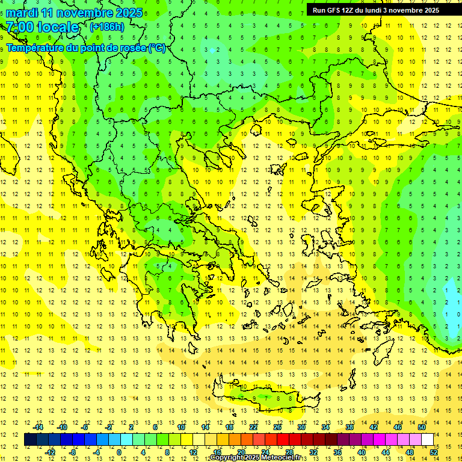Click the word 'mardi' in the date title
click(x=20, y=13)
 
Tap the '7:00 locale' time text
click(x=42, y=27)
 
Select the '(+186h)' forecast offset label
click(x=106, y=27)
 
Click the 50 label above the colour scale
click(x=422, y=427)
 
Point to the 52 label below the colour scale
click(x=433, y=452)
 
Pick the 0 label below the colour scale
click(x=119, y=452)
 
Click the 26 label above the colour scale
click(x=277, y=427)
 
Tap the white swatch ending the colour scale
click(x=427, y=440)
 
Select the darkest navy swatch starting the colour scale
click(x=30, y=440)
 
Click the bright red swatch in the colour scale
click(x=283, y=440)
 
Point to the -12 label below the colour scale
click(x=50, y=452)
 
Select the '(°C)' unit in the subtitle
click(x=157, y=48)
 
